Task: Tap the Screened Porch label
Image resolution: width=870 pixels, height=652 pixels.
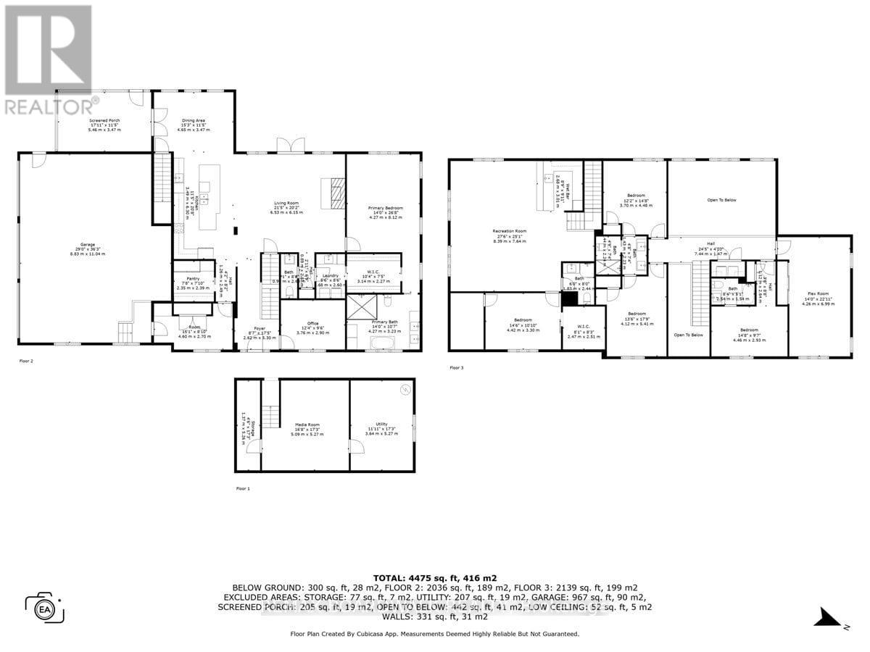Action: pyautogui.click(x=105, y=120)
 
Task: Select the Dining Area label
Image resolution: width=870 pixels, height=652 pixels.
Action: pyautogui.click(x=193, y=120)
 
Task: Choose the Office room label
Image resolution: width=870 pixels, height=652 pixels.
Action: pyautogui.click(x=312, y=323)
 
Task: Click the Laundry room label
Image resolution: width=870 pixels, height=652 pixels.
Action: pyautogui.click(x=330, y=277)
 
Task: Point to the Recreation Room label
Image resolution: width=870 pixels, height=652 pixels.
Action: pyautogui.click(x=510, y=231)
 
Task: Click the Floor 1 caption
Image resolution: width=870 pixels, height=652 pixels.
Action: pyautogui.click(x=243, y=489)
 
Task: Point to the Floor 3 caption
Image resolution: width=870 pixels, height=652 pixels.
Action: pyautogui.click(x=456, y=368)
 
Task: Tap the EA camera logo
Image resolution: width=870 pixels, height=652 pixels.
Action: pyautogui.click(x=45, y=606)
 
